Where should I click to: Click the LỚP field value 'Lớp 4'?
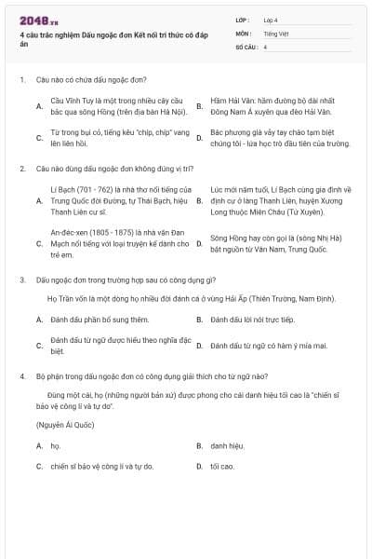click(271, 20)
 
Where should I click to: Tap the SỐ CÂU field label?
click(247, 46)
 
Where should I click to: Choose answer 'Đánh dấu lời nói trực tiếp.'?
click(252, 320)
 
